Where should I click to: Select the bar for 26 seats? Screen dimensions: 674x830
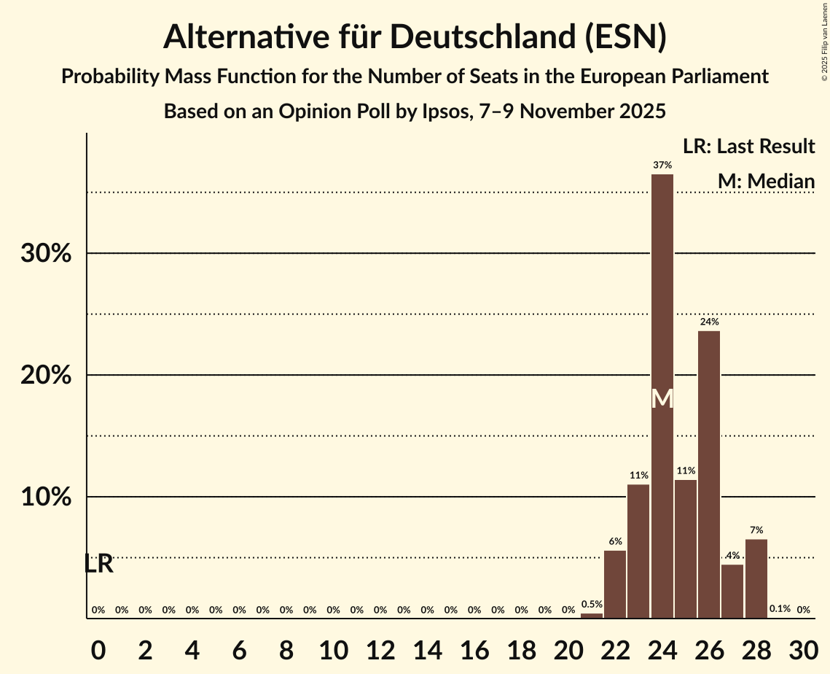pos(709,474)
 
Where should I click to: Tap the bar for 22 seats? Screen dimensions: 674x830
pos(615,584)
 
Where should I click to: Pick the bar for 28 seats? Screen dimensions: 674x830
pos(756,578)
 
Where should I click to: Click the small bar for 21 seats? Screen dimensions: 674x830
pos(592,616)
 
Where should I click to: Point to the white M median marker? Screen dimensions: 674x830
pos(662,399)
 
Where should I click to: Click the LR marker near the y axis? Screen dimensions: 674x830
pos(98,564)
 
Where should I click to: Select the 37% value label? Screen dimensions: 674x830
pos(662,166)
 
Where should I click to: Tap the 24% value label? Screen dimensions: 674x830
pos(709,322)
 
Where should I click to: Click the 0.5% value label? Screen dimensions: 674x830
pos(592,604)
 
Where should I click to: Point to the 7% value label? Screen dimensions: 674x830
pos(756,530)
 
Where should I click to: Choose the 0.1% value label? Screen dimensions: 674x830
pos(780,609)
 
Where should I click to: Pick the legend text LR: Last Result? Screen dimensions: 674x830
pos(748,147)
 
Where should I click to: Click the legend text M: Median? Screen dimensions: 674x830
pos(766,181)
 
